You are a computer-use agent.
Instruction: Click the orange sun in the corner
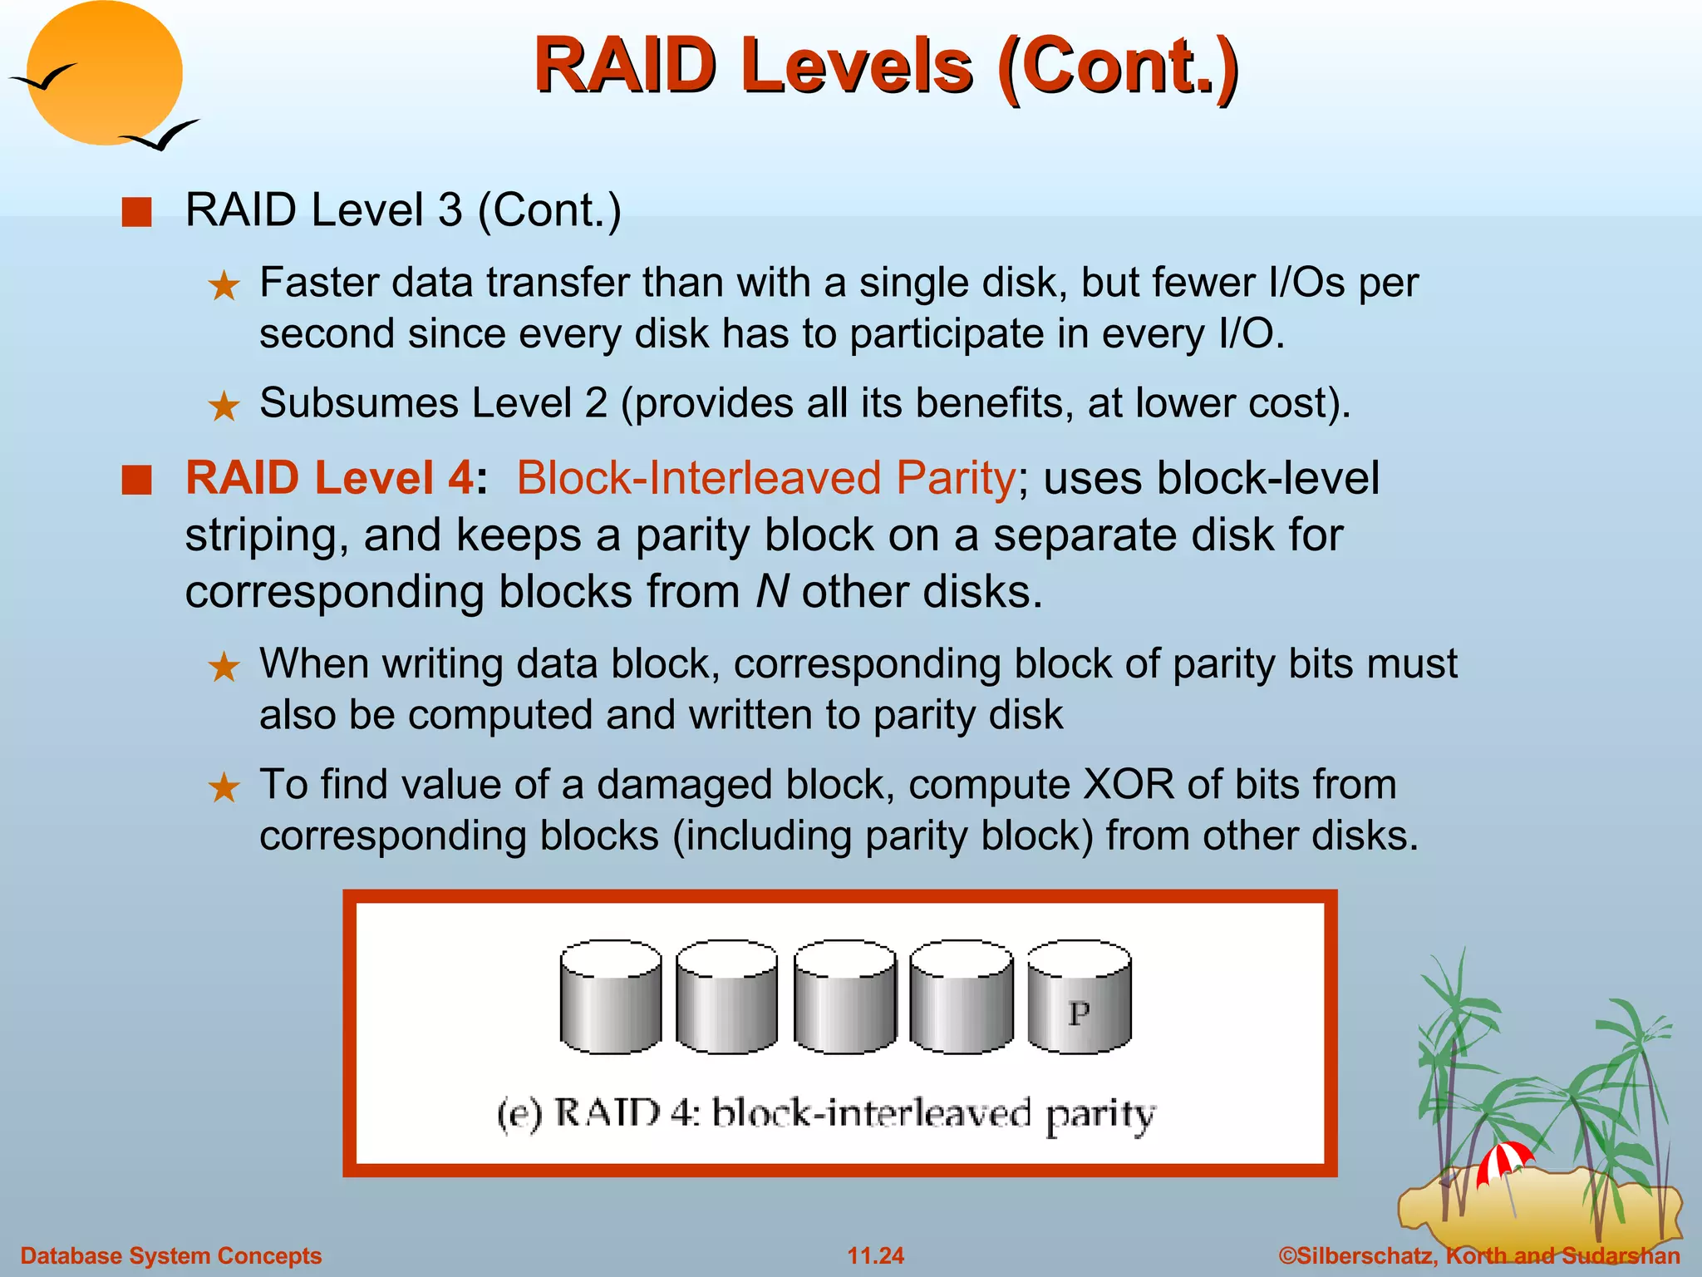coord(104,73)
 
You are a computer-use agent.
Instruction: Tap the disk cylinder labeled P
coord(1079,998)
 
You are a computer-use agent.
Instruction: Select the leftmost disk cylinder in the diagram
coord(611,998)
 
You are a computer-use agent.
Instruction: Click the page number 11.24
coord(875,1255)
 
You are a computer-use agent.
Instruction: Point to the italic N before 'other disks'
coord(772,592)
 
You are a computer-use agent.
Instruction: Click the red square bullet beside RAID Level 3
coord(136,212)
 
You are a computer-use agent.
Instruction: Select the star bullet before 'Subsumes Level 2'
coord(224,407)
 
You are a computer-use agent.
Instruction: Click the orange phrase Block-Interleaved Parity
coord(765,478)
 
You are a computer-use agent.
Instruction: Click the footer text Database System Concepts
coord(170,1255)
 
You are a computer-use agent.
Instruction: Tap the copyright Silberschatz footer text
coord(1479,1255)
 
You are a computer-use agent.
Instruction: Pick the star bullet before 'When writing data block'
coord(224,667)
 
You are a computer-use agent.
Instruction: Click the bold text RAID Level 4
coord(330,478)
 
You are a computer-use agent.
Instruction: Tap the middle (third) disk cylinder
coord(845,998)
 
